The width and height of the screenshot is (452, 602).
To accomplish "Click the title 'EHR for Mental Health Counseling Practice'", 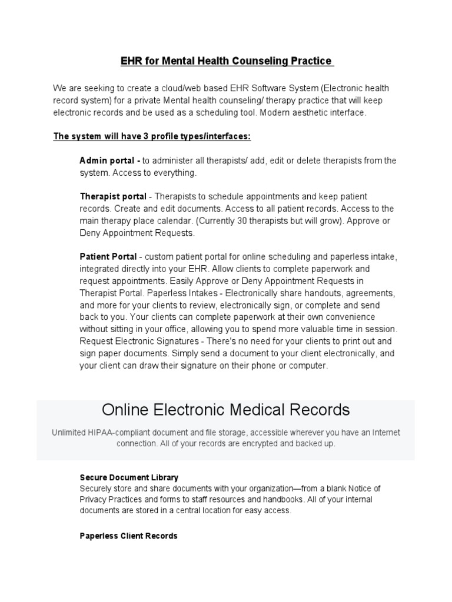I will pos(226,61).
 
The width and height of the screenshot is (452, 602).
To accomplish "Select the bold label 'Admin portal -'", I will pos(109,160).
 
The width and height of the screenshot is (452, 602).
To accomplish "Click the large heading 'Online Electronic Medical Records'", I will pos(226,409).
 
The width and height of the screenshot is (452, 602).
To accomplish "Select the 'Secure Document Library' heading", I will pos(129,477).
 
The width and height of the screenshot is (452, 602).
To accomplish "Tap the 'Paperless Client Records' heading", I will pos(128,536).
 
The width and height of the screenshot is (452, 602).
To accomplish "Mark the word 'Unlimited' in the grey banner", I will pos(69,433).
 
